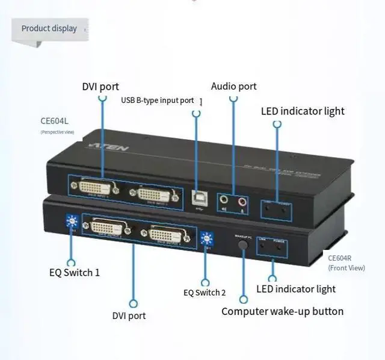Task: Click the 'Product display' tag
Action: (x=49, y=28)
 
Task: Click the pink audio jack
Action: (x=242, y=200)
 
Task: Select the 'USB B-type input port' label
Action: (x=158, y=101)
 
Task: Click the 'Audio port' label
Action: (x=233, y=86)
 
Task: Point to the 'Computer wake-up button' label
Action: (x=282, y=311)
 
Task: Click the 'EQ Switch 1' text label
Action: (x=75, y=273)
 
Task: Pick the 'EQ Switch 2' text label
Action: (x=205, y=293)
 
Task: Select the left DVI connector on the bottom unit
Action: (x=109, y=228)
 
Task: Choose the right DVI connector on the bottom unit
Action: (x=168, y=234)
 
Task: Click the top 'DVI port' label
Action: (x=100, y=87)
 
